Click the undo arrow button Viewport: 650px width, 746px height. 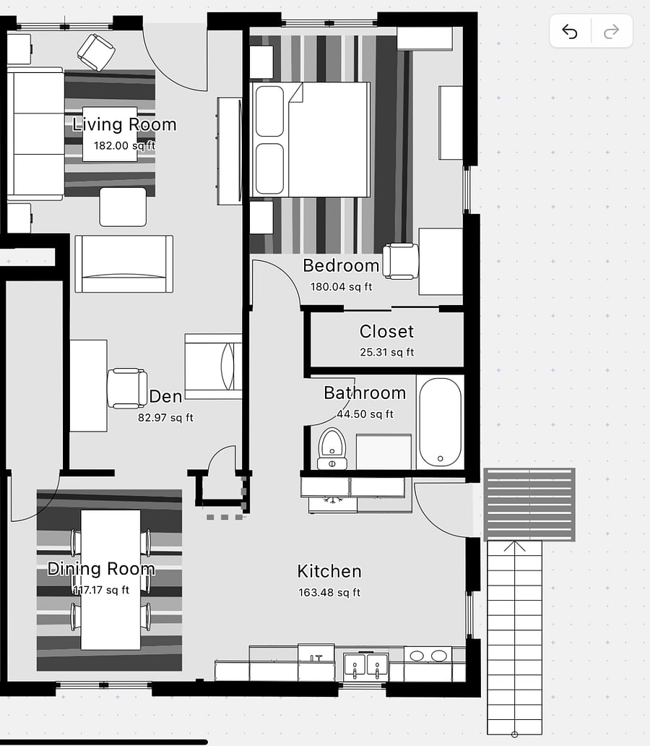point(570,31)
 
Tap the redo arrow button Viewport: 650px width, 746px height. point(612,31)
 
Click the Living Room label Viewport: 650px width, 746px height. point(124,124)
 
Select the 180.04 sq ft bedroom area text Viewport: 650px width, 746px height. point(342,287)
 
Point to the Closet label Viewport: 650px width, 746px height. point(386,332)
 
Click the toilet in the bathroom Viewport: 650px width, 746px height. point(332,449)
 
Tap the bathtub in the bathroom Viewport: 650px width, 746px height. point(440,422)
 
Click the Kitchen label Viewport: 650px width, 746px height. point(329,571)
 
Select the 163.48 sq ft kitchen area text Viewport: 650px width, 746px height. point(329,593)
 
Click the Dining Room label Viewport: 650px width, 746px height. point(101,569)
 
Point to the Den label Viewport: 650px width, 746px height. point(165,397)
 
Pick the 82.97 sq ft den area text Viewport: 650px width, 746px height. point(165,418)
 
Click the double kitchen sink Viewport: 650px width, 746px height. point(365,667)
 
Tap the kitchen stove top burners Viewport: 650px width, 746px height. point(428,656)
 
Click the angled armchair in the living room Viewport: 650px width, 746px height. point(96,52)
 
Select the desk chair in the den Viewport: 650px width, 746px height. point(127,388)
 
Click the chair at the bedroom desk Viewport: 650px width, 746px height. point(400,261)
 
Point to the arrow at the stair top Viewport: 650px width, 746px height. point(514,546)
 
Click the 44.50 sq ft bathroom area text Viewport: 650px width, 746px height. point(365,414)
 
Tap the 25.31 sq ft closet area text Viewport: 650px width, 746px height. point(386,353)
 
